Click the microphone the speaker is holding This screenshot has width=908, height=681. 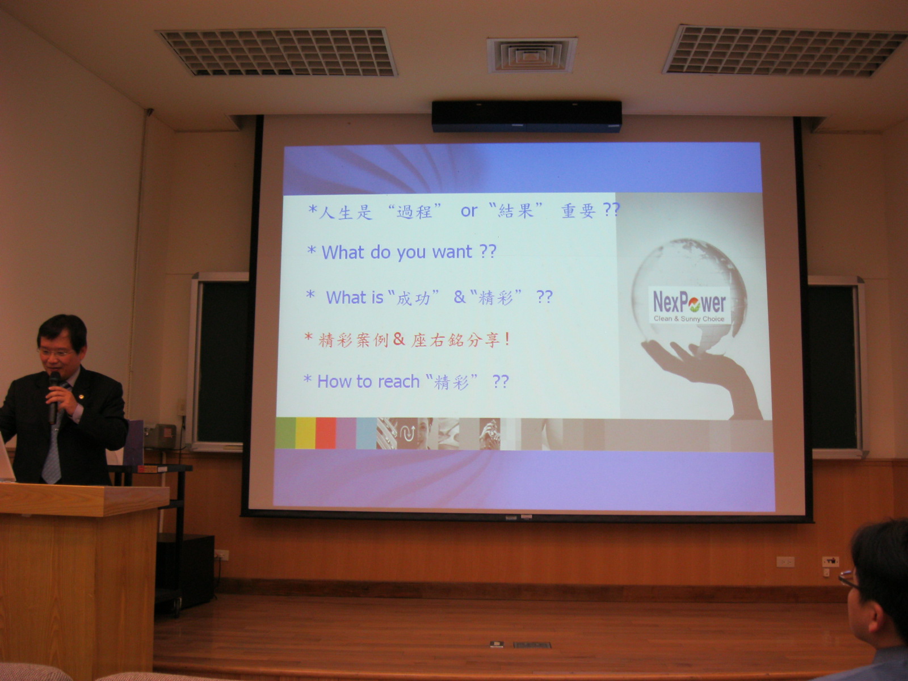(53, 397)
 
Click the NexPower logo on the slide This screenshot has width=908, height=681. (689, 305)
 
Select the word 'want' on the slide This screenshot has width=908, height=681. (452, 252)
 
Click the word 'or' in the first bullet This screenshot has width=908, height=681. (469, 211)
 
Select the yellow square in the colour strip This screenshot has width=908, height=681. (305, 433)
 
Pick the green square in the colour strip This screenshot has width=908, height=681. (285, 433)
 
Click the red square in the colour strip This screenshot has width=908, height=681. (326, 433)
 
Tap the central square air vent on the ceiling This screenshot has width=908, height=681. (532, 55)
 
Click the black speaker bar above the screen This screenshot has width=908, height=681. (527, 116)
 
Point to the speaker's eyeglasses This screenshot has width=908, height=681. (56, 352)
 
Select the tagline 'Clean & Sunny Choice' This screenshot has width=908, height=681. (689, 319)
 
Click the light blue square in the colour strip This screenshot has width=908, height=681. (366, 433)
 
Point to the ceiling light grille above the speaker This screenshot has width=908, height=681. (276, 53)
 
